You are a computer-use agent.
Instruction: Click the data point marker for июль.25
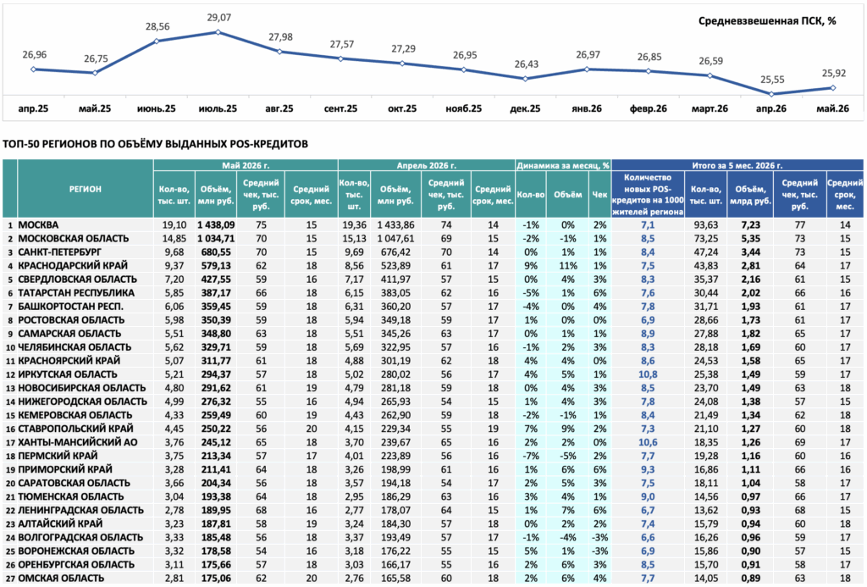point(218,32)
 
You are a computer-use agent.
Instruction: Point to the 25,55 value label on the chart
point(772,80)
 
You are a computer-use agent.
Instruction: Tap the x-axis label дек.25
point(525,108)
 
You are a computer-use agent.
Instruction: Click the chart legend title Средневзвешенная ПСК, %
point(767,21)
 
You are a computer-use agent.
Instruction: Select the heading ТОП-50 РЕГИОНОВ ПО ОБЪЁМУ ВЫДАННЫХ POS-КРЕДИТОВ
point(156,144)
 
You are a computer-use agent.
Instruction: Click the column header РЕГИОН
point(86,189)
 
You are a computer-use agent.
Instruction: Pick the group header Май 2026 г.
point(246,165)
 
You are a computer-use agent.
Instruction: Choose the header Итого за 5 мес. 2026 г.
point(737,165)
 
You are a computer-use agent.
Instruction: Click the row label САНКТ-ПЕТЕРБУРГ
point(60,252)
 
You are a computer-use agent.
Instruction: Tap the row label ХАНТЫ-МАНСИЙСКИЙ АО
point(78,443)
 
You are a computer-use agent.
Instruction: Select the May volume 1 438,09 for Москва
point(216,225)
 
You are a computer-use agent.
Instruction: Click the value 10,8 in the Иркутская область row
point(648,374)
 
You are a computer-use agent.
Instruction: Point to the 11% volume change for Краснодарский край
point(568,266)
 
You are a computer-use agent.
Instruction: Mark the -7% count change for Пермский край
point(531,456)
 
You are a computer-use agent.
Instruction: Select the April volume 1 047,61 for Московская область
point(395,239)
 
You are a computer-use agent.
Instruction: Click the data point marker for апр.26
point(772,94)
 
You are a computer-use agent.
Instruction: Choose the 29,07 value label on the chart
point(219,18)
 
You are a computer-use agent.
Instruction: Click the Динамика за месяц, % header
point(563,165)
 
